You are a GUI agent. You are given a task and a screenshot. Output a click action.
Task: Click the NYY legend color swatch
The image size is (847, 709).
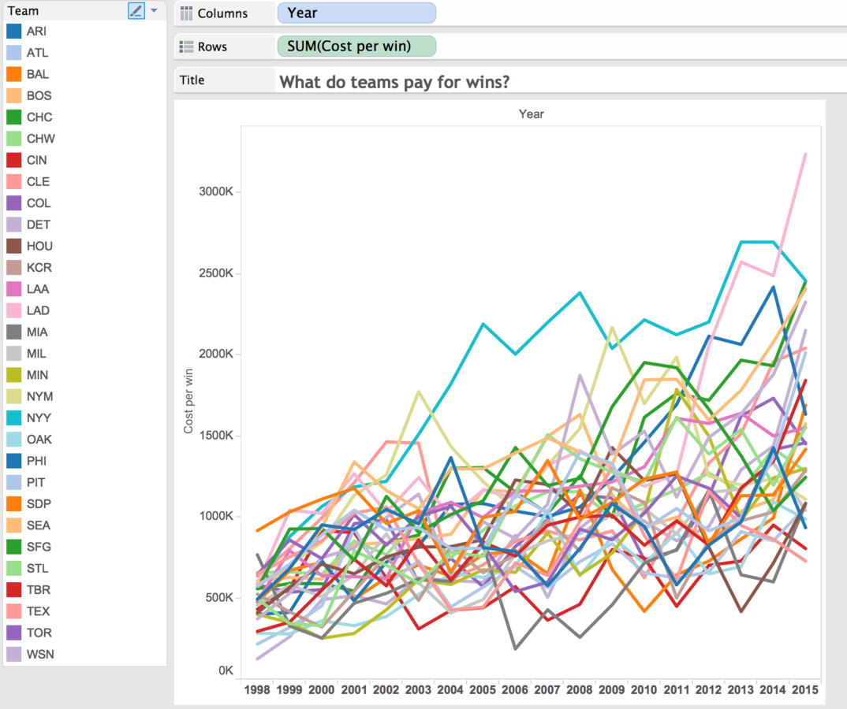click(14, 418)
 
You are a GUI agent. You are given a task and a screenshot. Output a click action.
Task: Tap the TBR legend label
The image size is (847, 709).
click(39, 590)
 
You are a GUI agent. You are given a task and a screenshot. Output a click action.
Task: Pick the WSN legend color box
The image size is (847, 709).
click(14, 655)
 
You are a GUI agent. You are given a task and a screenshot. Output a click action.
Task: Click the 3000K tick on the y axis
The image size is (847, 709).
click(216, 191)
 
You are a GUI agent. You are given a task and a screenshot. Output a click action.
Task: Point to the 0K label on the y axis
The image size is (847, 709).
click(226, 670)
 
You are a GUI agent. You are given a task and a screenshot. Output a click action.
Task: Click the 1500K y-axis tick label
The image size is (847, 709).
click(216, 436)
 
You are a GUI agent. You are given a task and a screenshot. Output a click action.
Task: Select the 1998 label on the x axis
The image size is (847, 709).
click(257, 690)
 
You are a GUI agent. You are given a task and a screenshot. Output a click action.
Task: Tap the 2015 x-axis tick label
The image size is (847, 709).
click(805, 690)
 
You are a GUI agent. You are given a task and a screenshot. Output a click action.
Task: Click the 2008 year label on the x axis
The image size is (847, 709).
click(580, 690)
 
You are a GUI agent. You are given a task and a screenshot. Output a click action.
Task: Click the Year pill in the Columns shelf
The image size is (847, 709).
click(356, 13)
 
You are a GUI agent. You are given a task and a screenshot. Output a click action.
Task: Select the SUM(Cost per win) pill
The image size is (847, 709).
click(356, 46)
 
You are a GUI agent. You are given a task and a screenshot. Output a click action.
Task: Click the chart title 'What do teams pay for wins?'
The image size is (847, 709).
click(394, 82)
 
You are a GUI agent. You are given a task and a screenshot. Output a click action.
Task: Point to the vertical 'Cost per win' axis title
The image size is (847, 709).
click(188, 401)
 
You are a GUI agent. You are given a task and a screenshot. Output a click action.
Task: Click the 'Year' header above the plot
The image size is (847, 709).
click(532, 114)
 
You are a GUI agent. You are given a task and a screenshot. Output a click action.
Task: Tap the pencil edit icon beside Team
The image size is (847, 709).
click(136, 11)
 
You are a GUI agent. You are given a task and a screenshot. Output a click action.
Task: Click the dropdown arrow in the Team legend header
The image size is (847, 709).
click(155, 10)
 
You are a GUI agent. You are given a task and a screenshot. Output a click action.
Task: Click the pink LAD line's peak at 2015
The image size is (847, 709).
click(806, 154)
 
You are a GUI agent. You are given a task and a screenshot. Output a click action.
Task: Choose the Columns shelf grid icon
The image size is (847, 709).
click(186, 13)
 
